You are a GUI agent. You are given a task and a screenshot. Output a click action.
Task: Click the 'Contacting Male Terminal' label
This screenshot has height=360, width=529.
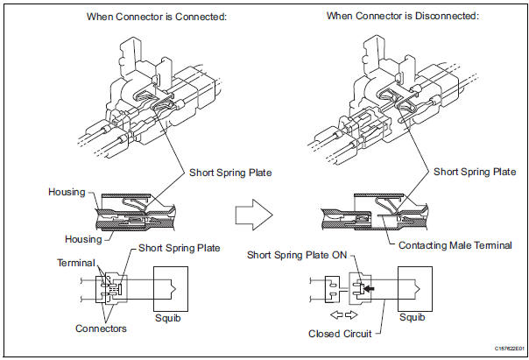click(455, 245)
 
